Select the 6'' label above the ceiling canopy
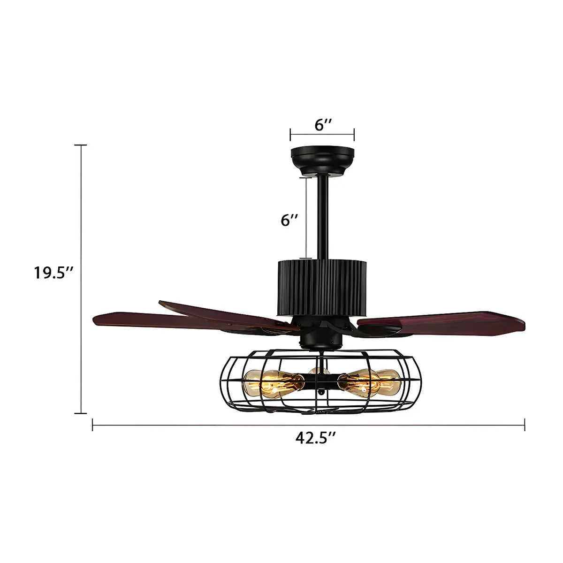323,125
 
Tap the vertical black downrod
322,216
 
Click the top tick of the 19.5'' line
81,145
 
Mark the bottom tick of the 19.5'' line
81,413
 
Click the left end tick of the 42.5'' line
93,425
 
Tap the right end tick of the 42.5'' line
525,425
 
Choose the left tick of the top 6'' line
290,135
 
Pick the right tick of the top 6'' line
354,135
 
